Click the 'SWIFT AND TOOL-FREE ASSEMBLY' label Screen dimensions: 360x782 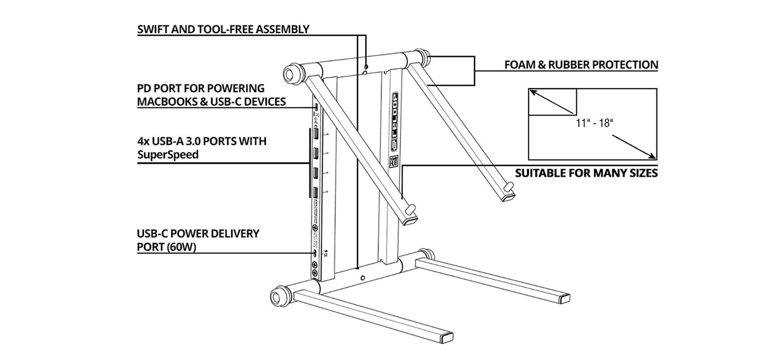click(223, 29)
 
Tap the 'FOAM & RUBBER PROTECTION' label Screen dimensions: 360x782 click(581, 65)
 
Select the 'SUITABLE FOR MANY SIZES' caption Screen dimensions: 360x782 click(586, 173)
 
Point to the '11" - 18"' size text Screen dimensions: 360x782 click(595, 123)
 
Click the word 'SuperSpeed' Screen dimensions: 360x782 click(168, 155)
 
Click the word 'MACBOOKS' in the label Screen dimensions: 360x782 click(168, 102)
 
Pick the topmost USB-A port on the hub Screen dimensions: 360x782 click(317, 134)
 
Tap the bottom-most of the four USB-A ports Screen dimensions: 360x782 click(317, 193)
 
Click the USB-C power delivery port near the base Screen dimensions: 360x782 click(315, 254)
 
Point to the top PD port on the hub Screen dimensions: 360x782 click(316, 107)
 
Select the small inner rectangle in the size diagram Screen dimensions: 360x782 click(552, 102)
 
